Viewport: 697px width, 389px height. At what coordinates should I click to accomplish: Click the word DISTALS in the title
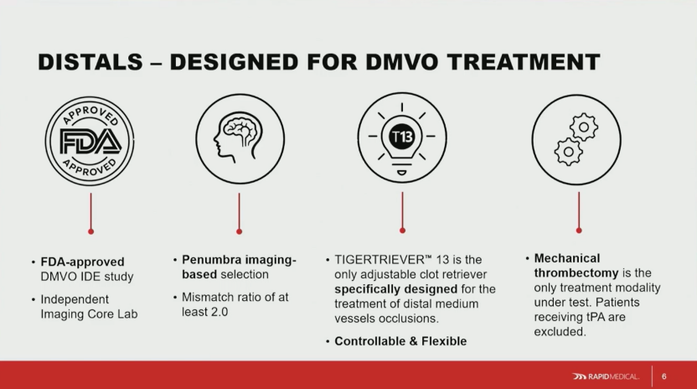pyautogui.click(x=90, y=62)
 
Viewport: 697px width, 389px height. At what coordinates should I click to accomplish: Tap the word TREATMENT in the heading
pyautogui.click(x=524, y=62)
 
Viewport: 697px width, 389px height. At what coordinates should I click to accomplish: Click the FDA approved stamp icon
pyautogui.click(x=90, y=142)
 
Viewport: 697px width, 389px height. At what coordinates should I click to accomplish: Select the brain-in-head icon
pyautogui.click(x=240, y=139)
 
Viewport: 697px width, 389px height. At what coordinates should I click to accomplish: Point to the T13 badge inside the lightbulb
pyautogui.click(x=402, y=136)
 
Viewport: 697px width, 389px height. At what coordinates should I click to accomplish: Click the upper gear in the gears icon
pyautogui.click(x=584, y=127)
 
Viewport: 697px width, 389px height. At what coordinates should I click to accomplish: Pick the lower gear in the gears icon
pyautogui.click(x=568, y=152)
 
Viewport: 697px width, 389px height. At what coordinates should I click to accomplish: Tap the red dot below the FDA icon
pyautogui.click(x=90, y=231)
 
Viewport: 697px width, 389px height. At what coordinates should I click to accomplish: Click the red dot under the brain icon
pyautogui.click(x=239, y=231)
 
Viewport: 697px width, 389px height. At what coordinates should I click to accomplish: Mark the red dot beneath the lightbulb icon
pyautogui.click(x=402, y=231)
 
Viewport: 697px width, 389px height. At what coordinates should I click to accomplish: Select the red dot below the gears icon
pyautogui.click(x=579, y=231)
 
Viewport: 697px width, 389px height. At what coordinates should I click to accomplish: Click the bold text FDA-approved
pyautogui.click(x=82, y=262)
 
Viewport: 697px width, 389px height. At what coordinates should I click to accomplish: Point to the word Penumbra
pyautogui.click(x=211, y=260)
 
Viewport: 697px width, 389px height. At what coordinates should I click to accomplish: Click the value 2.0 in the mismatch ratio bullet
pyautogui.click(x=219, y=312)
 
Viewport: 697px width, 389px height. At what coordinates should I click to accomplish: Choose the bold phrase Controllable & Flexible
pyautogui.click(x=400, y=341)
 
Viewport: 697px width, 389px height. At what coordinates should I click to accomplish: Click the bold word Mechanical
pyautogui.click(x=567, y=258)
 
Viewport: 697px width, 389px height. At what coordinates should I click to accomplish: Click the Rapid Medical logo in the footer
pyautogui.click(x=606, y=376)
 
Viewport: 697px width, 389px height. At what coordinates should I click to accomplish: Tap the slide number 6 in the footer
pyautogui.click(x=664, y=376)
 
